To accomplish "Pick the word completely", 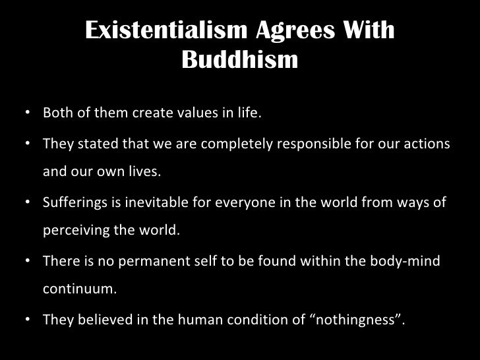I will [214, 144].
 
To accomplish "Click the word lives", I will [144, 173].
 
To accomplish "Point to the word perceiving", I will [73, 232].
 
